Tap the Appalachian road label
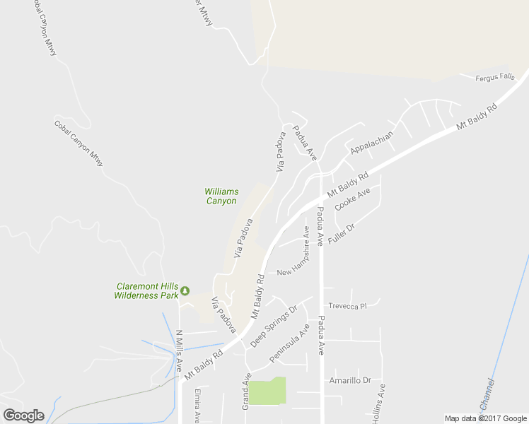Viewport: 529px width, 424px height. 371,141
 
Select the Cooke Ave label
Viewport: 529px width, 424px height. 352,199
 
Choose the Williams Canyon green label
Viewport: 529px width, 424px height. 221,196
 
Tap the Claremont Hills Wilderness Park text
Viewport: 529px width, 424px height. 147,290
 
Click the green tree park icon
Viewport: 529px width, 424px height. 185,290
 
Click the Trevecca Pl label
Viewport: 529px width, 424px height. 347,306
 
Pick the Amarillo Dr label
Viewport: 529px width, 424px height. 350,379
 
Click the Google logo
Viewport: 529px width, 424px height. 23,416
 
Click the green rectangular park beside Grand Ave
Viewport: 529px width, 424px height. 267,391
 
